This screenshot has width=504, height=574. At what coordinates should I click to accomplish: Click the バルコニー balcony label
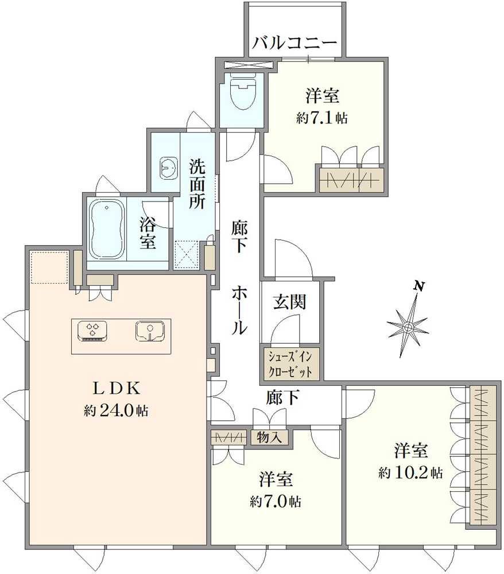click(x=294, y=43)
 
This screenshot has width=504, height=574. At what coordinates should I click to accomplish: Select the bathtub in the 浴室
click(x=107, y=230)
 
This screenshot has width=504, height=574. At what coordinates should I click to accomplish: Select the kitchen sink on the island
click(x=150, y=331)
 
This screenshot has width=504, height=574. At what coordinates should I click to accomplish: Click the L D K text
click(x=117, y=389)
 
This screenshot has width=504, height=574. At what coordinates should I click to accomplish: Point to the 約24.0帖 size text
click(x=117, y=411)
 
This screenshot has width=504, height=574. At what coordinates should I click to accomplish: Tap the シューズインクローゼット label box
click(x=290, y=363)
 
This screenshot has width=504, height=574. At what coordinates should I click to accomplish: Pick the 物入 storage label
click(x=270, y=437)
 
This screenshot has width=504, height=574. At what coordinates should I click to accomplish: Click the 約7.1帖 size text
click(x=322, y=118)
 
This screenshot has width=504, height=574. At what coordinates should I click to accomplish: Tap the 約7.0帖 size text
click(x=276, y=501)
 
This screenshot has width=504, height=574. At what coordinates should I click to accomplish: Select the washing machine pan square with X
click(x=186, y=254)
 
